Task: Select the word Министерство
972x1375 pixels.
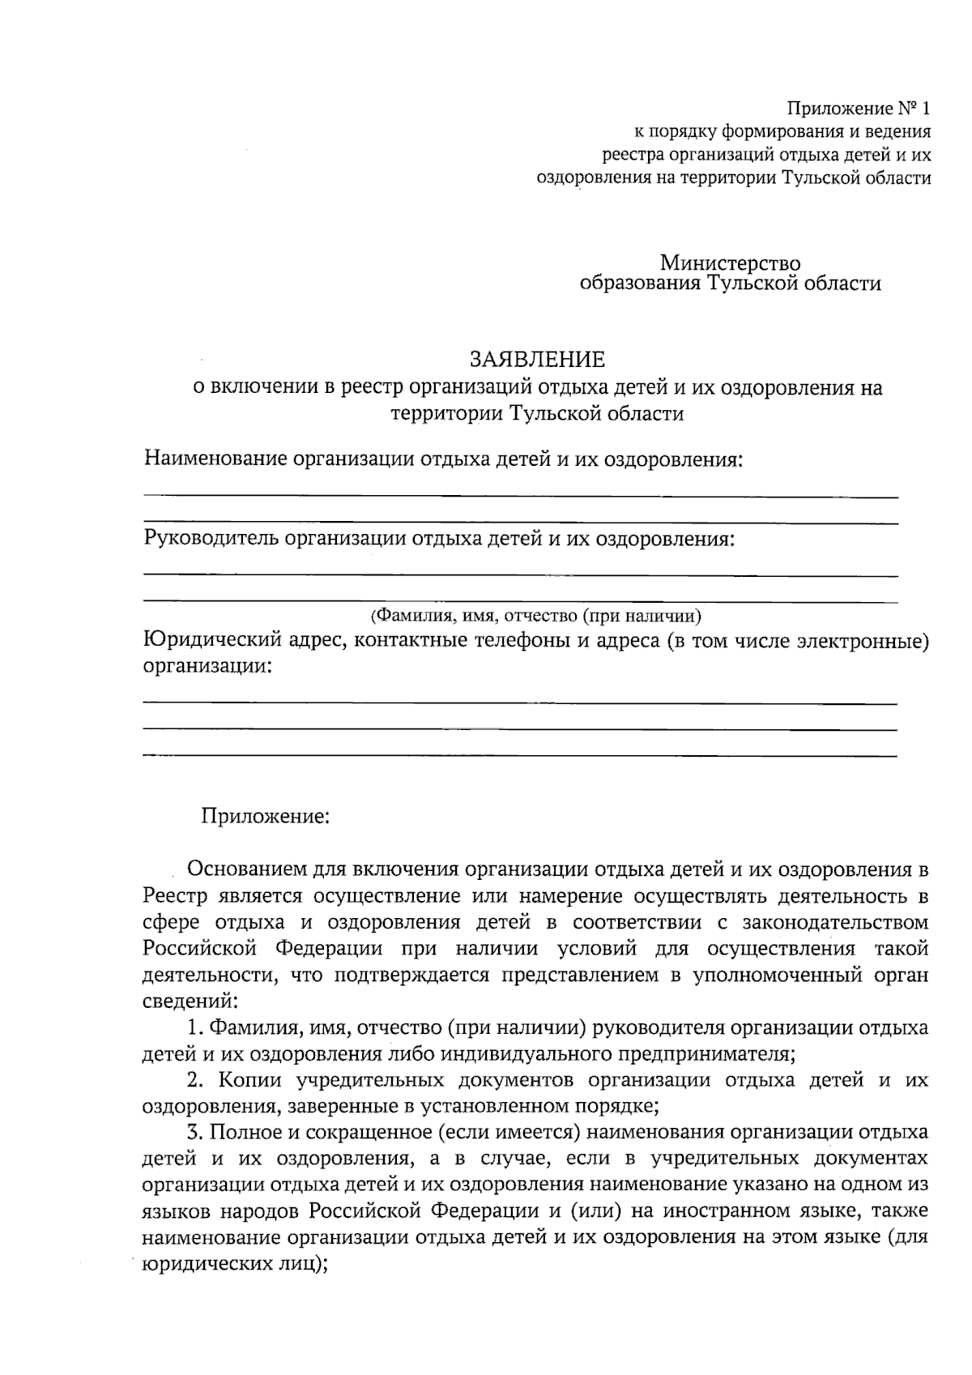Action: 730,263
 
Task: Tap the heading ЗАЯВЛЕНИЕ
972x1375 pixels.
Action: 538,359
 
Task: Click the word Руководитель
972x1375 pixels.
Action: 211,539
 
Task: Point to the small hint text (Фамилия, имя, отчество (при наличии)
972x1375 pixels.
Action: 535,615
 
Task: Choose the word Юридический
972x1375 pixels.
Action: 211,642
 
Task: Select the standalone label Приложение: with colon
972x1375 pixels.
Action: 266,816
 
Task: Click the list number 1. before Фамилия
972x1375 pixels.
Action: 194,1028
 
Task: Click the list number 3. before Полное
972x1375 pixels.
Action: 194,1133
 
